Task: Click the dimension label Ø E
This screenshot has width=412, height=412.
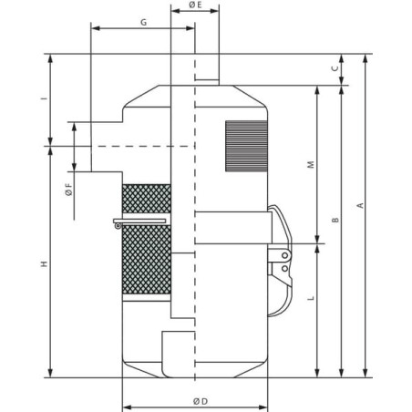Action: (x=195, y=5)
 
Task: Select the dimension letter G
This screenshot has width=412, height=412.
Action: (x=143, y=22)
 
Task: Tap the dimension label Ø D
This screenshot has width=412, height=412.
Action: (x=201, y=401)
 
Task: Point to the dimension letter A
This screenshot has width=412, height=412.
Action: (x=360, y=205)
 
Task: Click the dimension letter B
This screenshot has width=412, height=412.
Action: (x=335, y=220)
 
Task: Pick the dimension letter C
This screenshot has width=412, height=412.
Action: (x=335, y=68)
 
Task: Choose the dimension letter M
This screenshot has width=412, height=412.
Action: (x=311, y=165)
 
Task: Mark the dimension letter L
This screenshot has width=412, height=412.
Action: (x=311, y=298)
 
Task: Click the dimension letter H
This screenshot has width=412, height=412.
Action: (x=45, y=263)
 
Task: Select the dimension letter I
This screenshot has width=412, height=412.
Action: (x=45, y=98)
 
